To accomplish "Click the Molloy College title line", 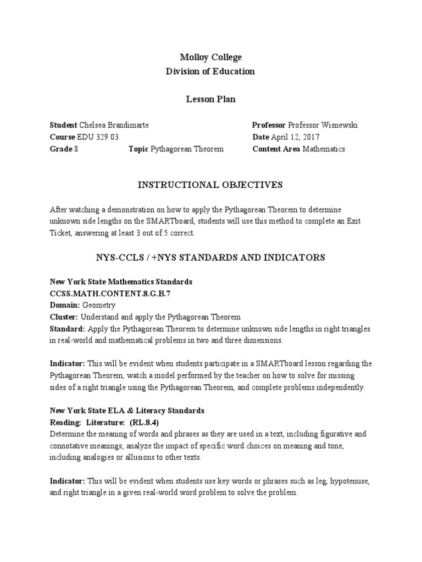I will (211, 58).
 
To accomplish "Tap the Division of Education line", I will (211, 71).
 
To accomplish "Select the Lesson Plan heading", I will (211, 99).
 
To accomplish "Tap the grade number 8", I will (76, 149).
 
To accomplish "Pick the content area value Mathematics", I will (324, 149).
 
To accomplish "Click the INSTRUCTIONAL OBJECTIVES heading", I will (211, 185).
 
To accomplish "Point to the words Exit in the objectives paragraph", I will (365, 221).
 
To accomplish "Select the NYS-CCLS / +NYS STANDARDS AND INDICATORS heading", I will (211, 257).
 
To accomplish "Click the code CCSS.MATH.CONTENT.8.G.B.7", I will (110, 294).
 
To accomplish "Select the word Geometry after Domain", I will (99, 305).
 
